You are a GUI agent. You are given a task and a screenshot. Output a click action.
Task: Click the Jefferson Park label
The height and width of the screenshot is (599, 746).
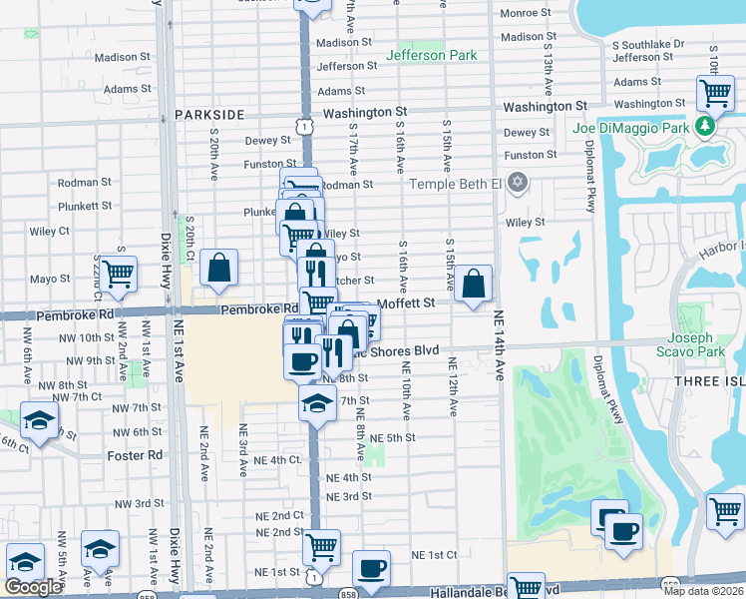click(x=432, y=55)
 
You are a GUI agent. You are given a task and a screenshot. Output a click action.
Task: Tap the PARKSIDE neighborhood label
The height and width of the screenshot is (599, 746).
click(x=209, y=115)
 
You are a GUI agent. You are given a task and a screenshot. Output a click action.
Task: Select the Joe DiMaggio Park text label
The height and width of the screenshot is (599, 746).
click(x=631, y=128)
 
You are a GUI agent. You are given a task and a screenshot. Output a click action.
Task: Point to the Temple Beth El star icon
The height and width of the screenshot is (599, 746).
click(x=516, y=184)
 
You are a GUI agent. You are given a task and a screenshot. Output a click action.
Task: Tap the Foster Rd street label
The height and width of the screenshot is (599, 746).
click(x=135, y=455)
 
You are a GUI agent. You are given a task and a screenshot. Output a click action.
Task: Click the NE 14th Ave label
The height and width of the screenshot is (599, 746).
click(x=499, y=344)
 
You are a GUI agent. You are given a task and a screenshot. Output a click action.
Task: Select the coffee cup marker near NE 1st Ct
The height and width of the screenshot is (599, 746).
click(x=371, y=567)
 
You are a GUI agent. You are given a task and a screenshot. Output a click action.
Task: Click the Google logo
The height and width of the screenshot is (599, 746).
click(x=33, y=587)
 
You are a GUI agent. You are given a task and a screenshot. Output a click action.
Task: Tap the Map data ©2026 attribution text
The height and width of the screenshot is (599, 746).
click(x=702, y=591)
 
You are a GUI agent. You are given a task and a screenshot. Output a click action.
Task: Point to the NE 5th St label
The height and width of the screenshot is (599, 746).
click(x=392, y=437)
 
